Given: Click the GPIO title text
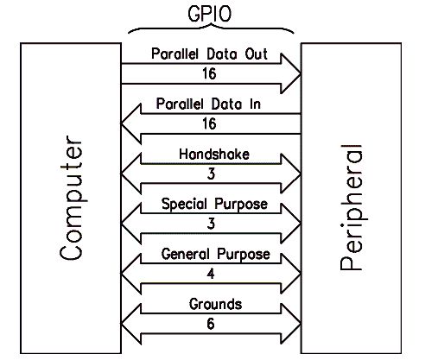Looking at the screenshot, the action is pos(209,14).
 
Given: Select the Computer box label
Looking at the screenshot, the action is pos(71,198).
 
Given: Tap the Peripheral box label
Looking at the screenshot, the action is pos(351,207).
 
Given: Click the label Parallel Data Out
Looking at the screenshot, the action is pos(209,54).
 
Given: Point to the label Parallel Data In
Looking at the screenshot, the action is pos(208,104).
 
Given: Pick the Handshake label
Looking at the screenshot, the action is pos(214,155).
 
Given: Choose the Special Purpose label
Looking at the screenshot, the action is pos(214,205).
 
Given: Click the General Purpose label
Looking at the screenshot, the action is pos(216,255).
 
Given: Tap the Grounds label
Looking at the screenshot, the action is pos(215,304).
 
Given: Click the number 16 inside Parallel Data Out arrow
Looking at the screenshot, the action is pos(209,73).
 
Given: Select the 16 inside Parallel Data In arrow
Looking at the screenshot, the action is pos(209,124).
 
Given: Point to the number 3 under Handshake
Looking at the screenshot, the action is pos(211,174).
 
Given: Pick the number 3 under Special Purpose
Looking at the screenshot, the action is pos(211,224).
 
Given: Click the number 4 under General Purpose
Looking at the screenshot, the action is pos(211,274).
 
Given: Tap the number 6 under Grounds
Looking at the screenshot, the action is pos(211,324).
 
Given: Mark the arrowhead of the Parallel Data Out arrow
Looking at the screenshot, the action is pos(290,73).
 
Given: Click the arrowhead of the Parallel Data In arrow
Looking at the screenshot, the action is pos(131,123).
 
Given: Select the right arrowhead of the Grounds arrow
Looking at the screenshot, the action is pos(291,324).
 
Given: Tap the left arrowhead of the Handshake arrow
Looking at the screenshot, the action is pos(131,174).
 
